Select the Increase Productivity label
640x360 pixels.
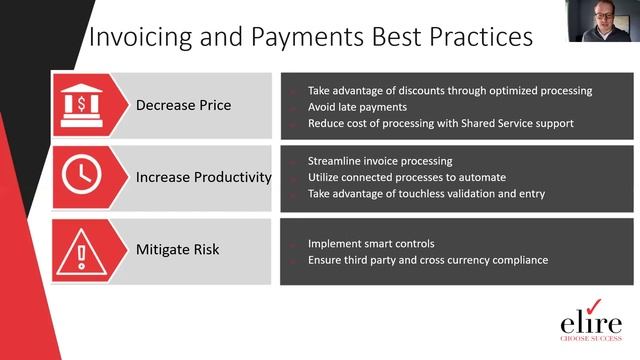[x=204, y=177]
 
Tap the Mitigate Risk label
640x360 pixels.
[x=178, y=249]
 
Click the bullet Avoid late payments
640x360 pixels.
[x=357, y=106]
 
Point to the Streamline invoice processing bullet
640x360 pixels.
[x=380, y=161]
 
